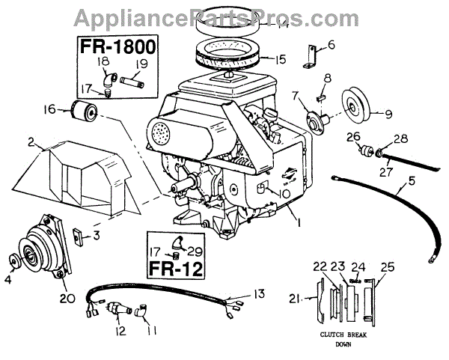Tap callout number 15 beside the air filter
tap(259, 58)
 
